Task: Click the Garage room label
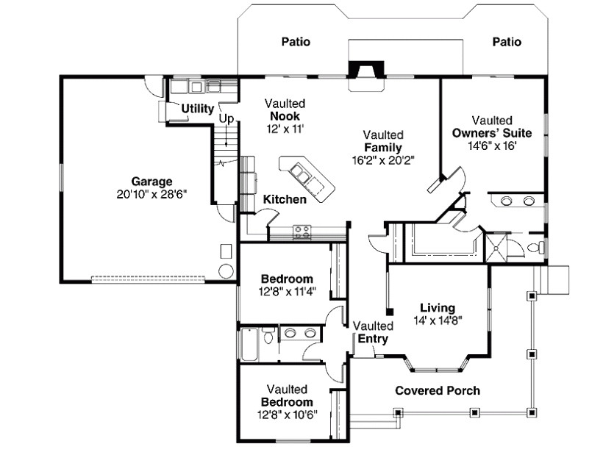click(151, 181)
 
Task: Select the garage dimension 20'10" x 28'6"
click(151, 195)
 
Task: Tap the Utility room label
click(198, 109)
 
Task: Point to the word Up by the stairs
click(226, 118)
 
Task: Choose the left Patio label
click(296, 42)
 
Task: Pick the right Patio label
click(507, 42)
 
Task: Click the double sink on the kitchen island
click(301, 174)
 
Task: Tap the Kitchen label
click(285, 199)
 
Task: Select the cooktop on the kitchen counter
click(301, 231)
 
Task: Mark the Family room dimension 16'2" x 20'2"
click(383, 160)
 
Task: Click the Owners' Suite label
click(492, 133)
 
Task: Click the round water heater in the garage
click(226, 270)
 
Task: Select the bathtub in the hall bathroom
click(249, 344)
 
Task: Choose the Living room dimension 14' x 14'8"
click(437, 320)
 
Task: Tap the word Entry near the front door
click(373, 339)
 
